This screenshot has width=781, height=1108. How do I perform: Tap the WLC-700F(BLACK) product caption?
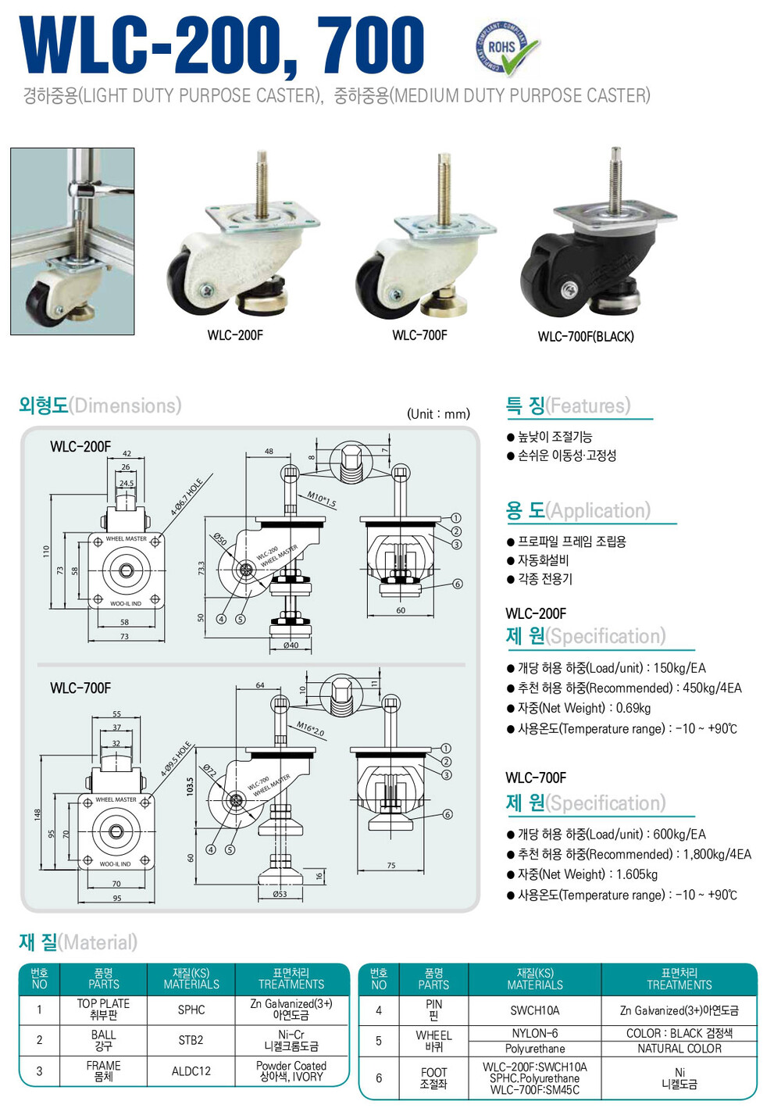click(586, 337)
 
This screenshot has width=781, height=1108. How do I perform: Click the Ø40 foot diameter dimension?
click(291, 645)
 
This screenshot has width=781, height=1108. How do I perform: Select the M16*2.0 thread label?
click(310, 730)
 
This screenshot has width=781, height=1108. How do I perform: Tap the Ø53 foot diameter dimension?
click(280, 894)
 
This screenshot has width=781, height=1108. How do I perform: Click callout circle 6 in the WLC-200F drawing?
click(458, 584)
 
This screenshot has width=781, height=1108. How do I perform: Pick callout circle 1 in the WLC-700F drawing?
click(447, 748)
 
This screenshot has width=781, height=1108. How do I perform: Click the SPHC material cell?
click(191, 1010)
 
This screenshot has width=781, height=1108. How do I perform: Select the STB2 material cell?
click(191, 1040)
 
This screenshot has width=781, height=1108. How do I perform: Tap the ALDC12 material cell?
click(191, 1071)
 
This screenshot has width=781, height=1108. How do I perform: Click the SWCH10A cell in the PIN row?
click(535, 1010)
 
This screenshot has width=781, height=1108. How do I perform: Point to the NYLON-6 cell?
click(535, 1033)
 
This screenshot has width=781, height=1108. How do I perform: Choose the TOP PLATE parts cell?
click(103, 1010)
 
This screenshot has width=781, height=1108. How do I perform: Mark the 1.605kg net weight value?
click(637, 874)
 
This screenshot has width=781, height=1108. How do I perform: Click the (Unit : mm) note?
click(438, 414)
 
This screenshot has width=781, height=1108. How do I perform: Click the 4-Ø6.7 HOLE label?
click(187, 497)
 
